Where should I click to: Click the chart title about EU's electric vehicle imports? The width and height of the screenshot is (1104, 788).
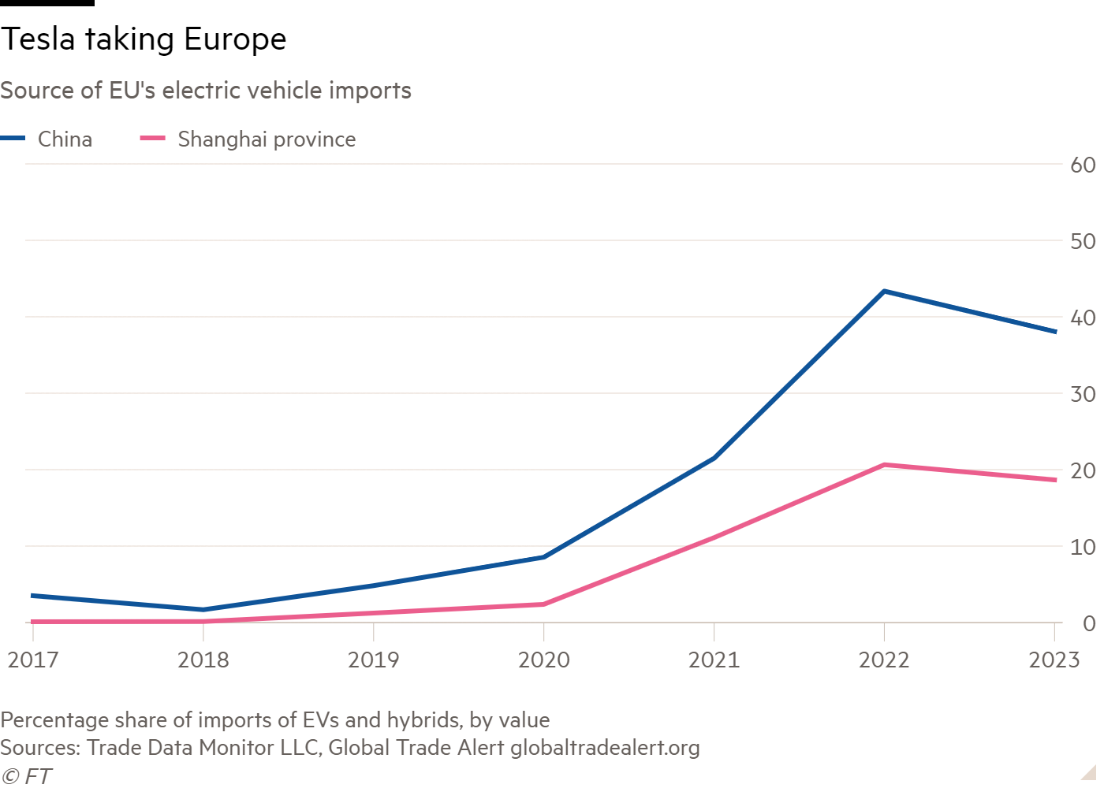click(206, 91)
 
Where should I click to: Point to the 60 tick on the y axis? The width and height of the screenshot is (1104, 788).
click(1083, 165)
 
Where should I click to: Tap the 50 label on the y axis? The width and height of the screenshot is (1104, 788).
click(1083, 241)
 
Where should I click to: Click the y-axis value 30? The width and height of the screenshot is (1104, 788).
click(1083, 394)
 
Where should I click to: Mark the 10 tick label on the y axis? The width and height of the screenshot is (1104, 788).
click(1083, 547)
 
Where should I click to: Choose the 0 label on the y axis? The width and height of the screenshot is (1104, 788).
click(1089, 623)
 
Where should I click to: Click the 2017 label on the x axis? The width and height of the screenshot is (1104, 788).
click(33, 660)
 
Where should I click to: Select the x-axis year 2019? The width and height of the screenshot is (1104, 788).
click(373, 660)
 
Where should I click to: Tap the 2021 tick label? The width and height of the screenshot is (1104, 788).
click(714, 660)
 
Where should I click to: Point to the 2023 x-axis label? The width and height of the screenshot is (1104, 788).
click(1054, 660)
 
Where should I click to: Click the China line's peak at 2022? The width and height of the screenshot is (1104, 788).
click(884, 292)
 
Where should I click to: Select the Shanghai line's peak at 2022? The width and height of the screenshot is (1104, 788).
click(884, 465)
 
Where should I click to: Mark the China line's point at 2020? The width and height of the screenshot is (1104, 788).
click(543, 557)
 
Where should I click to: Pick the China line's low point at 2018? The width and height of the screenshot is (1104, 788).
click(203, 609)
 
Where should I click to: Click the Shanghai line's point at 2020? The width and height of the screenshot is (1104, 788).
click(543, 604)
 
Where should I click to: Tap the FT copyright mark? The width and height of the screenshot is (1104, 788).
click(26, 776)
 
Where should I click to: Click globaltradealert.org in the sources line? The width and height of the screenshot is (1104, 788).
click(605, 747)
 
